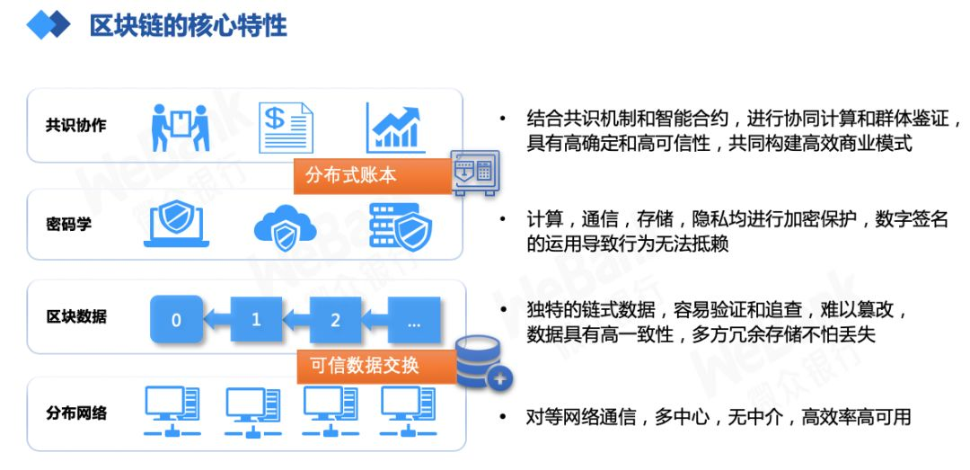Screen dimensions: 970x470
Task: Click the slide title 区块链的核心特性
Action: pos(188,25)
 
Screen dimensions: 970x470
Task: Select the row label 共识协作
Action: pos(75,125)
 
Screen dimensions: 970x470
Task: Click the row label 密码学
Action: pos(69,224)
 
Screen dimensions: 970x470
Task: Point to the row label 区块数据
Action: pos(75,316)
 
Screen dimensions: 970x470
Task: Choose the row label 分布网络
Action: pos(75,413)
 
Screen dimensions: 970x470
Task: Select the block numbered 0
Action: pos(176,319)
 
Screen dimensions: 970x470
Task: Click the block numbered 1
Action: pos(256,319)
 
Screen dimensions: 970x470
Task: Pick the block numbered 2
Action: pos(336,319)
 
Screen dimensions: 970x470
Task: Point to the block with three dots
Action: pos(414,319)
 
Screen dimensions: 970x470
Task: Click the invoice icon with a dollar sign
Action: pos(286,128)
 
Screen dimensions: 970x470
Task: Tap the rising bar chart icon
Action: pos(395,128)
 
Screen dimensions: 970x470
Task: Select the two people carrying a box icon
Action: pos(181,128)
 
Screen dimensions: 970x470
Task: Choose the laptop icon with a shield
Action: pos(177,224)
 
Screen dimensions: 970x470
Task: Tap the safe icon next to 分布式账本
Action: pos(474,173)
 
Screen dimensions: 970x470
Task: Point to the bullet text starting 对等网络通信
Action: pos(718,417)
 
